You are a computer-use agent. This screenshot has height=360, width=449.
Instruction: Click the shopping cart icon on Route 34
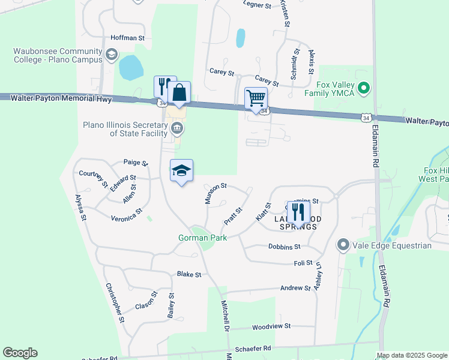256,98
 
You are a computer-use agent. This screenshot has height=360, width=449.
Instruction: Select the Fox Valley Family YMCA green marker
363,89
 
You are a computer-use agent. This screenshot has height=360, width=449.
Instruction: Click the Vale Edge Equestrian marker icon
343,245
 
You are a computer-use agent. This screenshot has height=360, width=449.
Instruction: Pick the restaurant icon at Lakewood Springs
298,212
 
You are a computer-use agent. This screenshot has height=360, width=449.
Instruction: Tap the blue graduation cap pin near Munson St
181,171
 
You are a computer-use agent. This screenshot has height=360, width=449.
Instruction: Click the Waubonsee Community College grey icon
112,56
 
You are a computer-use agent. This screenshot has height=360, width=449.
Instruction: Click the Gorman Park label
199,238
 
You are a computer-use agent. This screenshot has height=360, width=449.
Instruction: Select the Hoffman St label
128,38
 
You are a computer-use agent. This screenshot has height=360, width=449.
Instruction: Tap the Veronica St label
127,215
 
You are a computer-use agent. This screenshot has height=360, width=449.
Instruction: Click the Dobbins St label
284,247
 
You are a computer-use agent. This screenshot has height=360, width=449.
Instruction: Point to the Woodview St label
271,326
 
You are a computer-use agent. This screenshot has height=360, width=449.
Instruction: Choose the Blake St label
189,274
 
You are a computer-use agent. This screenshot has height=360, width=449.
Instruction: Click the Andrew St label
295,288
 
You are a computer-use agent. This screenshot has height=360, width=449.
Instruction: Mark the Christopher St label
115,303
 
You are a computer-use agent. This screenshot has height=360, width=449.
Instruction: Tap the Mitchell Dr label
225,317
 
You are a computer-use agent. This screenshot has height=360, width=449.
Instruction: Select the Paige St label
136,162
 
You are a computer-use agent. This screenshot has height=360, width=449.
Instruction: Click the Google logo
20,353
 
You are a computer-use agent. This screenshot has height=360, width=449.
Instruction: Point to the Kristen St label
285,13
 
